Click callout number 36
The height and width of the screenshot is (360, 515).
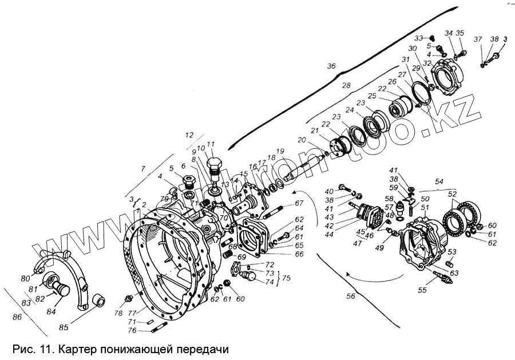[x=331, y=67]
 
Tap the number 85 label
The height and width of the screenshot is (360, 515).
[x=65, y=329]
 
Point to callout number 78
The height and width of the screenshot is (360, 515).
[x=118, y=313]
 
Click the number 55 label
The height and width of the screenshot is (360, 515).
[x=422, y=290]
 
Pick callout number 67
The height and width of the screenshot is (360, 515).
[x=299, y=203]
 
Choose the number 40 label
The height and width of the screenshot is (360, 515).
[x=328, y=191]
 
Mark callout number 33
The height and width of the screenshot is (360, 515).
[x=419, y=38]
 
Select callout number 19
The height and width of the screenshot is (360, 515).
[x=280, y=152]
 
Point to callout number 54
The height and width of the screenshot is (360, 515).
[x=439, y=181]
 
